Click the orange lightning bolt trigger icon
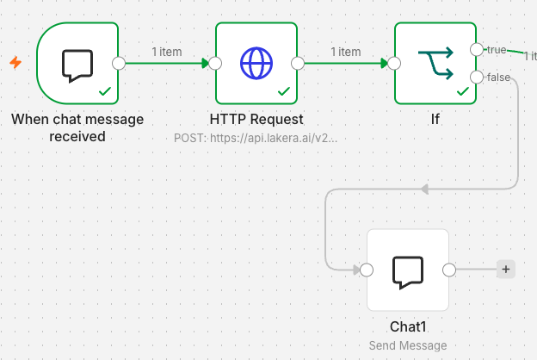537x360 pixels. click(15, 62)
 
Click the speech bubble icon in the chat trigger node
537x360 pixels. click(77, 65)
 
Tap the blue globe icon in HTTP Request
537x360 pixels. click(256, 64)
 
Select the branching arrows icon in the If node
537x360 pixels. click(435, 64)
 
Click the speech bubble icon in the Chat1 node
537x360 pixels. click(408, 272)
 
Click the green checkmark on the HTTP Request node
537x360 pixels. click(284, 91)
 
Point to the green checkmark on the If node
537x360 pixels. click(463, 91)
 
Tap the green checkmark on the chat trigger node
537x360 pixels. click(105, 91)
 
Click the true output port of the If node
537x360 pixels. click(477, 50)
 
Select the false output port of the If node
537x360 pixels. click(477, 78)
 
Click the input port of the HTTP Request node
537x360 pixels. click(215, 64)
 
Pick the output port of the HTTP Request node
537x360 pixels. click(298, 64)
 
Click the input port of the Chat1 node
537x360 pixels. click(367, 270)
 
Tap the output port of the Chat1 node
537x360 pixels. click(449, 270)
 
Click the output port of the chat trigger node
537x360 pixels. click(119, 64)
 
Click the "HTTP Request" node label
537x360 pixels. click(256, 120)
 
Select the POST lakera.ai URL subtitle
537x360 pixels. click(256, 138)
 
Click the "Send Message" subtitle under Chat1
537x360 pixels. click(408, 345)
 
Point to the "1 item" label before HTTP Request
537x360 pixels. click(167, 52)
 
